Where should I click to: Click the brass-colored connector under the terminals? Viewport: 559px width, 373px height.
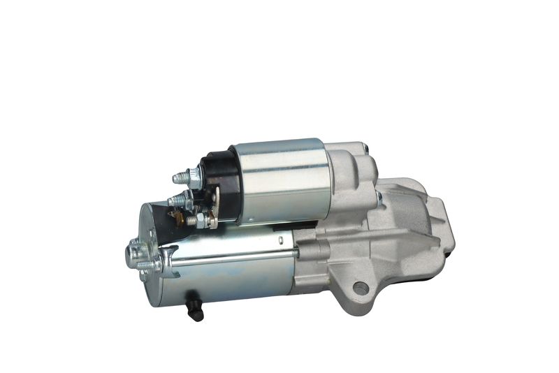pos(180,219)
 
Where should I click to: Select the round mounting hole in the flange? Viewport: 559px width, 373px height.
pos(361,287)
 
